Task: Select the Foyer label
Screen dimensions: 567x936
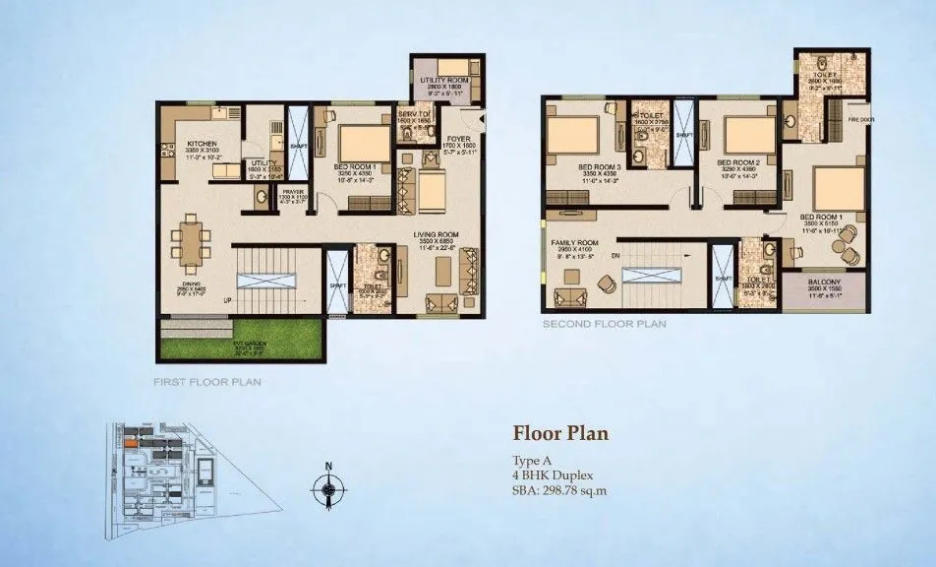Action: click(457, 139)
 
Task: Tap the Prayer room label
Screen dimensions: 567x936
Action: click(292, 192)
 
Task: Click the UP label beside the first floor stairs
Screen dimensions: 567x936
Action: click(228, 299)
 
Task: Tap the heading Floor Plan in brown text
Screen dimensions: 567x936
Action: click(560, 432)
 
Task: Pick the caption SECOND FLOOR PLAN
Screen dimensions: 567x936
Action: click(604, 322)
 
